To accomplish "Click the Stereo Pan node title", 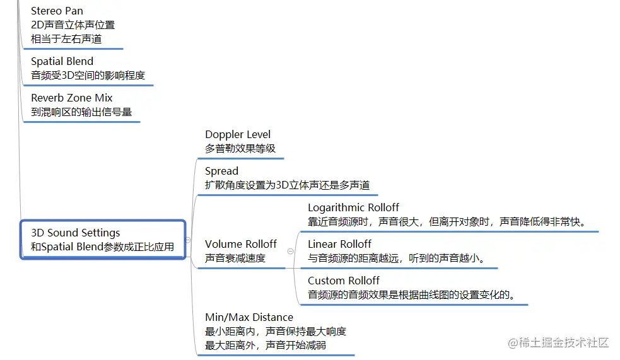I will [57, 11].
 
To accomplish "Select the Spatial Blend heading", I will [62, 61].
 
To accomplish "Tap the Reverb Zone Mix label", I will [72, 98].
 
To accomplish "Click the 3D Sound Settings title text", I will [75, 233].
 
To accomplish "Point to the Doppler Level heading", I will [238, 134].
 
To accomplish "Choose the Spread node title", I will [221, 171].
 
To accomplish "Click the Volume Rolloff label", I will [241, 244].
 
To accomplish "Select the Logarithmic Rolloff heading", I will [353, 207].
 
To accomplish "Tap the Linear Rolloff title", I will [339, 244].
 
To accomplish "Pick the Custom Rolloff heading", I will [344, 281].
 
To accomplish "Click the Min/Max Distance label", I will [249, 317].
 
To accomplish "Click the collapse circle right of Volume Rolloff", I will [290, 251].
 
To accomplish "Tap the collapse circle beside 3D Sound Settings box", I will [189, 257].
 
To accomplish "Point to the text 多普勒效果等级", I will [240, 149].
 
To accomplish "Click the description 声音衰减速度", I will [235, 258].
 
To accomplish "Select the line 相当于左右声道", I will [66, 39].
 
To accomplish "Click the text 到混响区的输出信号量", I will [81, 112].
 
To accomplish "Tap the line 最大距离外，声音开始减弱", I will [266, 345].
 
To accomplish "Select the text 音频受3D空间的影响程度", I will [88, 76].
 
